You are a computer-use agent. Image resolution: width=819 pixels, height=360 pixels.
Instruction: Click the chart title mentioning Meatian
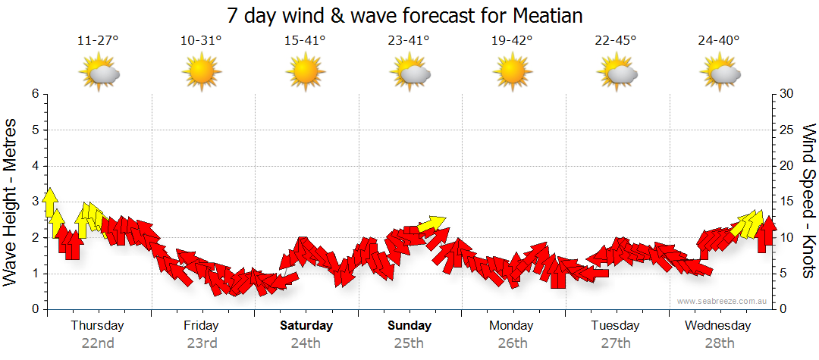tap(409, 16)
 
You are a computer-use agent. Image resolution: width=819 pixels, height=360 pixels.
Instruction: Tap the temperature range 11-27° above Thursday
tap(99, 41)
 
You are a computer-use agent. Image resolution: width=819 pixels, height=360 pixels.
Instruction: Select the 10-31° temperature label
tap(201, 41)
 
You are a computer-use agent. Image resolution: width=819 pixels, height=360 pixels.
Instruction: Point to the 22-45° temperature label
tap(615, 41)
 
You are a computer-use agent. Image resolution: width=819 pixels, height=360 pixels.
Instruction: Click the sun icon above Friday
tap(201, 74)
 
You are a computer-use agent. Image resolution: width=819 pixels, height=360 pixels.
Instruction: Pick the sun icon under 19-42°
tap(512, 74)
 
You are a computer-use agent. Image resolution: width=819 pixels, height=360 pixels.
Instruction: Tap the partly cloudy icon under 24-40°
tap(720, 74)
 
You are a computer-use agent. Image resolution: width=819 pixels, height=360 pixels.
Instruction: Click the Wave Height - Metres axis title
tap(11, 201)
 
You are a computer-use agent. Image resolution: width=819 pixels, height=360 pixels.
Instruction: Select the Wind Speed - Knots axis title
tap(808, 201)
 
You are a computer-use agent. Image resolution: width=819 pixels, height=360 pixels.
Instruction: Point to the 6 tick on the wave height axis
tap(34, 94)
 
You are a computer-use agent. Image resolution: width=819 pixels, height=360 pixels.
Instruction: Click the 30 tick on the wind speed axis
tap(786, 94)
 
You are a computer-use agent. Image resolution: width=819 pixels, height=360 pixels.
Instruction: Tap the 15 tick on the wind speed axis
tap(786, 202)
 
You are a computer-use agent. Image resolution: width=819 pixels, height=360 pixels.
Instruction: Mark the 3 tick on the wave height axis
tap(34, 202)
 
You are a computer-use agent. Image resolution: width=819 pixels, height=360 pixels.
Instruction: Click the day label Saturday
tap(306, 326)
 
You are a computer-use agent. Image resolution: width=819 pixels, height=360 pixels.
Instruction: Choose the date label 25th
tap(409, 343)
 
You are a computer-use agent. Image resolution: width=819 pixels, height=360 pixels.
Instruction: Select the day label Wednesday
tap(717, 326)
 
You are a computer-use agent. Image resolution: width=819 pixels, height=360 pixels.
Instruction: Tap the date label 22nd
tap(98, 343)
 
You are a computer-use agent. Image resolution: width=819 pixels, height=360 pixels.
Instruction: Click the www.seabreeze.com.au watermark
tap(717, 301)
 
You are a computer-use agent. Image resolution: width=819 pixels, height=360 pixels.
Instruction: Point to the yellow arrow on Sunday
tap(432, 223)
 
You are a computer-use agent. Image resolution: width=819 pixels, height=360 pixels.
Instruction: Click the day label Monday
tap(511, 326)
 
